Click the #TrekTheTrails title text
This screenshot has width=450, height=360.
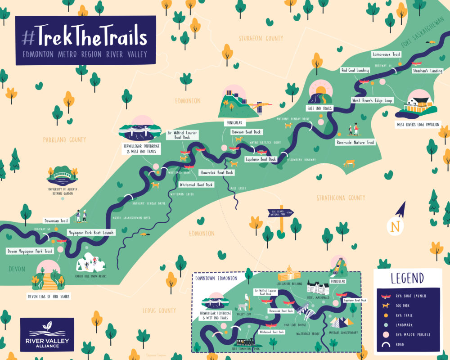point(85,36)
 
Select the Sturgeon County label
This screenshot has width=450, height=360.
point(267,39)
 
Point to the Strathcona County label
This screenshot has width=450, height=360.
point(340,198)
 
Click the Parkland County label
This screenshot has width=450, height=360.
point(64,140)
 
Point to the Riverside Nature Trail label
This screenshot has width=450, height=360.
point(355,143)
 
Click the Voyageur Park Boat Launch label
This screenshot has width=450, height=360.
point(90,233)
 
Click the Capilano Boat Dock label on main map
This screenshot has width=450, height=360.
point(260,159)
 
